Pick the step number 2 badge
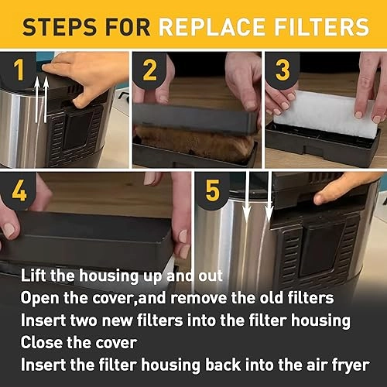click(x=150, y=71)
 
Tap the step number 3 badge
click(x=283, y=71)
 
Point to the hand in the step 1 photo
click(x=85, y=74)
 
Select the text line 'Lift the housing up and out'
click(x=122, y=276)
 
